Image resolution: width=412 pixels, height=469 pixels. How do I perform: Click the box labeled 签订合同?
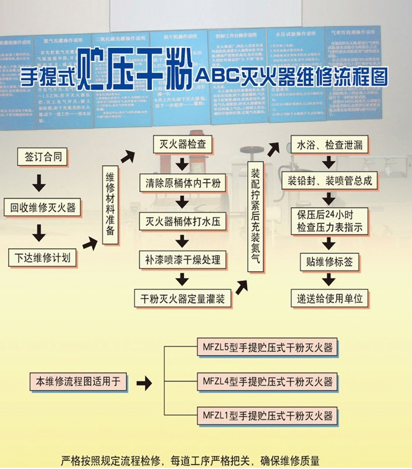tap(42, 157)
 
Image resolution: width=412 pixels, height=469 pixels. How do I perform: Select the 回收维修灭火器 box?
tap(42, 208)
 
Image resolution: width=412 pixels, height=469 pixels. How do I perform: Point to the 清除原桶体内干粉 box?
tap(181, 183)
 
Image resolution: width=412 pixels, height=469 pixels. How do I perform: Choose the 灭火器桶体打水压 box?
tap(181, 221)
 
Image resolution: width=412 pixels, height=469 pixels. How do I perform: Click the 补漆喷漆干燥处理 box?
tap(181, 259)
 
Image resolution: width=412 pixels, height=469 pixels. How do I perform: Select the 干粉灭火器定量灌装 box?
tap(181, 298)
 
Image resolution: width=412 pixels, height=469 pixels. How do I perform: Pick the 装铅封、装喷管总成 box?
tap(329, 181)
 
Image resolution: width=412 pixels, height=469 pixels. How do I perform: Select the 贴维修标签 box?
tap(329, 262)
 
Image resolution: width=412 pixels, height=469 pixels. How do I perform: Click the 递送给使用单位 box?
tap(329, 298)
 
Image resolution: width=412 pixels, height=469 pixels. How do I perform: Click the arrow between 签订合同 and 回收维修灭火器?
tap(39, 182)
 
